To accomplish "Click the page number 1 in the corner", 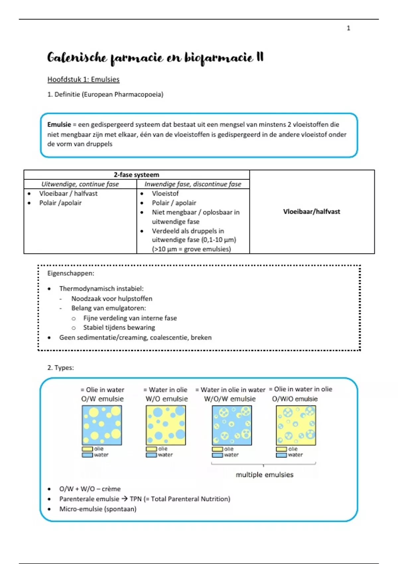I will click(348, 28).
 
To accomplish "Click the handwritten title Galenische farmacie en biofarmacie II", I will click(155, 58).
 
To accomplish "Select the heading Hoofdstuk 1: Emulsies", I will click(83, 79).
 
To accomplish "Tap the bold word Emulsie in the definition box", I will click(59, 125).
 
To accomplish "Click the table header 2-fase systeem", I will click(136, 175).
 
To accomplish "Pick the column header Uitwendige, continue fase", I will click(80, 184).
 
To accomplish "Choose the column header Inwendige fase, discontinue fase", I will click(193, 184).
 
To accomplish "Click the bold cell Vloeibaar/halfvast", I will click(311, 212).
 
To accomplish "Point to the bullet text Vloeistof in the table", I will click(165, 193).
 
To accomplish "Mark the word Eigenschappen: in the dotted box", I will click(71, 273).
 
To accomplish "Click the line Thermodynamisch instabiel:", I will click(101, 289).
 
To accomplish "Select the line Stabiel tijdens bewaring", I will click(119, 327).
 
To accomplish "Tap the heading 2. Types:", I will click(60, 368).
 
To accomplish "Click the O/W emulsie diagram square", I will click(102, 425).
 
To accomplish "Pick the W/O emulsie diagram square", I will click(166, 425).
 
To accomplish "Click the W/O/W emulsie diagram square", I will click(232, 425).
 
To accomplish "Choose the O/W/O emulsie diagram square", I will click(296, 425).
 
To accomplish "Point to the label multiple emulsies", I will click(264, 475).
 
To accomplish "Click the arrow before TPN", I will click(124, 499).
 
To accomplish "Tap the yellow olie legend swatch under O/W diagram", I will click(87, 449).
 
